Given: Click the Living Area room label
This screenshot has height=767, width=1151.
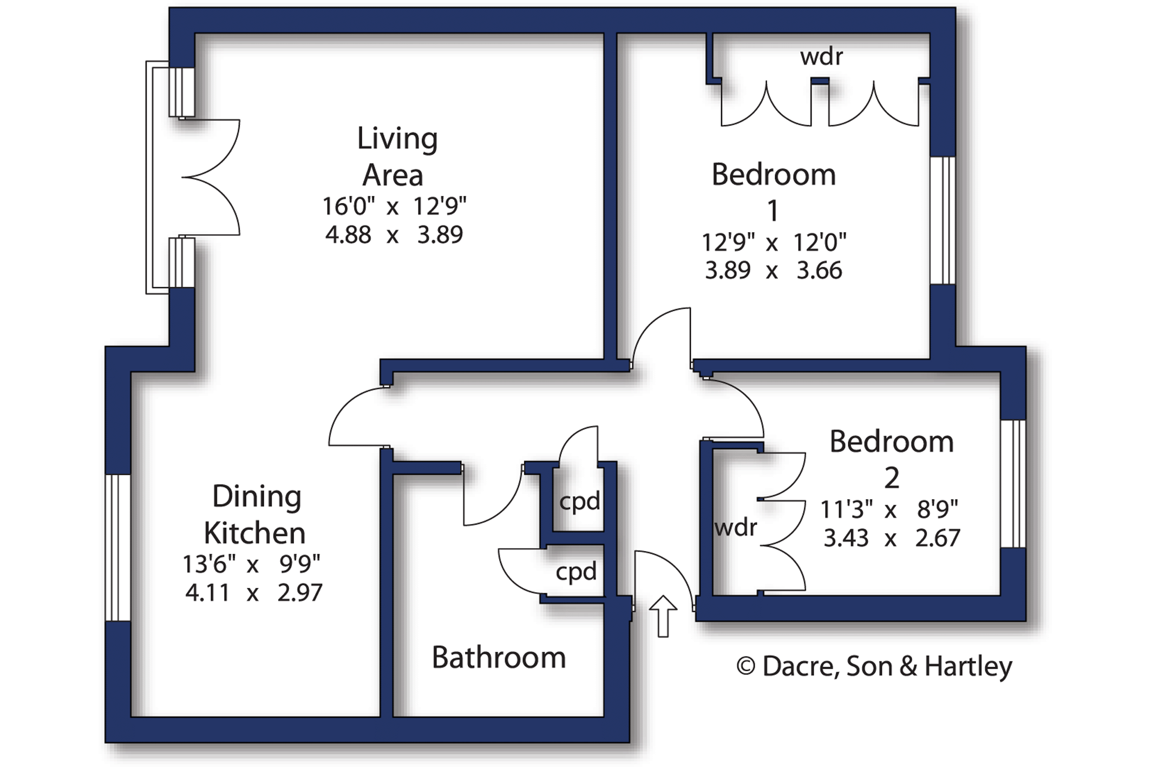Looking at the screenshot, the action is tap(397, 156).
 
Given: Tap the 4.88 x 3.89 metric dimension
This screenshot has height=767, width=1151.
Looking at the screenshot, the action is tap(394, 235).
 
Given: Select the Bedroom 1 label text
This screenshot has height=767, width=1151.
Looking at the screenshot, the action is tap(774, 192).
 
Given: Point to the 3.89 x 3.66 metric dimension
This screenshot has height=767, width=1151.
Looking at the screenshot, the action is tap(774, 270).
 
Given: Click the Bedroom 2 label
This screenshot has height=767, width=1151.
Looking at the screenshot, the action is tap(892, 459).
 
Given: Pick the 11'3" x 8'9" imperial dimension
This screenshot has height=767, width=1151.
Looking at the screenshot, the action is tap(889, 509).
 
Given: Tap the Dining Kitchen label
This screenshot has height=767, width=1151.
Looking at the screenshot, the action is tap(256, 515).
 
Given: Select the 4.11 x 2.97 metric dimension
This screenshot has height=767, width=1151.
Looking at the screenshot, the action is tap(254, 593).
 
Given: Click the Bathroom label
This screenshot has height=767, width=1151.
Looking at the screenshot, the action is tap(499, 658).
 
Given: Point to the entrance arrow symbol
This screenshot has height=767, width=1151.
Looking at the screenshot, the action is tap(663, 616).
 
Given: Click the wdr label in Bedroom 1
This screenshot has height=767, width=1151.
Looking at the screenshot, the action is tap(821, 57).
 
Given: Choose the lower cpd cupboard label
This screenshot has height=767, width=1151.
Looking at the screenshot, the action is tap(576, 572).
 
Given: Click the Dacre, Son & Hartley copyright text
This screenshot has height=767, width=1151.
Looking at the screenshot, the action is tap(874, 667).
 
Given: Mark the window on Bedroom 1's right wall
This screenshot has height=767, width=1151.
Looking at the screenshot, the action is tap(943, 220).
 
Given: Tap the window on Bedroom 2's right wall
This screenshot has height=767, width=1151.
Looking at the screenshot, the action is tap(1013, 484).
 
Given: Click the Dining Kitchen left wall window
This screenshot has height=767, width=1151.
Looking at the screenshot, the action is tap(117, 548).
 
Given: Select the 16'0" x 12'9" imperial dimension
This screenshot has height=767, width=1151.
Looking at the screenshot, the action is tap(394, 206).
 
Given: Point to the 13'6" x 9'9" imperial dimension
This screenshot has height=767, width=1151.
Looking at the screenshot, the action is tap(252, 565).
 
